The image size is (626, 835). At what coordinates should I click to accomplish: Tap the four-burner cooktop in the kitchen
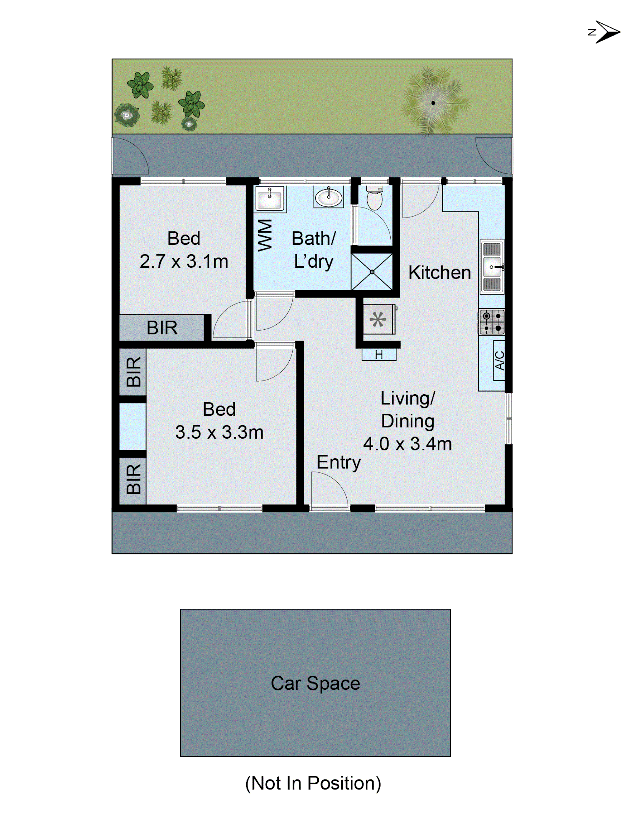(492, 322)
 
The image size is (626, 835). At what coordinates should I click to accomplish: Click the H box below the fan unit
(379, 354)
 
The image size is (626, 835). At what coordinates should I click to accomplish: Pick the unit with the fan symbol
(378, 320)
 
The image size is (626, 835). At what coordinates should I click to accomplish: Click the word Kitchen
(440, 273)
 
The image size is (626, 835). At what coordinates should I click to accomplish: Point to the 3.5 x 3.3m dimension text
(219, 432)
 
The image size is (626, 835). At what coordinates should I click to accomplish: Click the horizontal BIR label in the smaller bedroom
(162, 328)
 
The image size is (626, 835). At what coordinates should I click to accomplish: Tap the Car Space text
(316, 683)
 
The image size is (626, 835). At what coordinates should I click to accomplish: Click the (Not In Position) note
(313, 783)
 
